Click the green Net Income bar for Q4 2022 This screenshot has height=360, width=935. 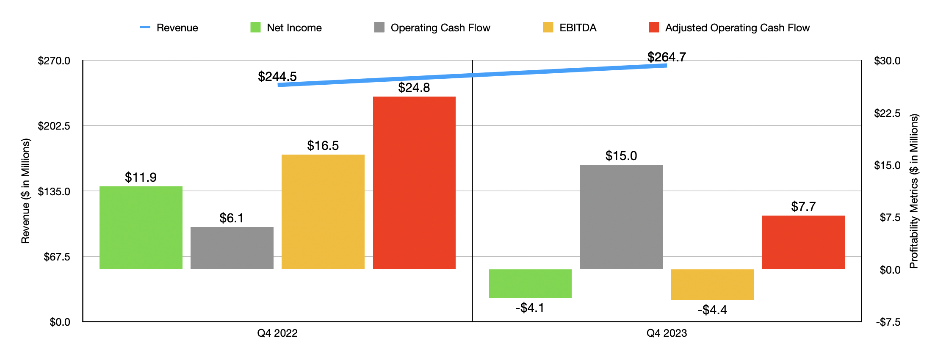(141, 227)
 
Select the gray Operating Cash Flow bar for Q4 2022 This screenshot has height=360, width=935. (232, 248)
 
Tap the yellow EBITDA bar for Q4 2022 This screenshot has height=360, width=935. (323, 212)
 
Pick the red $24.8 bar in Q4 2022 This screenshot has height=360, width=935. (414, 183)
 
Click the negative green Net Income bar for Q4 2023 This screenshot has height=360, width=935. (530, 283)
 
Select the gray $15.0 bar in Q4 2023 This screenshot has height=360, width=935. (621, 216)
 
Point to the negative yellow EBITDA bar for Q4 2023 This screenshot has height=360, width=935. (713, 284)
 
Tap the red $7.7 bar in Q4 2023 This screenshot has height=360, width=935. (803, 242)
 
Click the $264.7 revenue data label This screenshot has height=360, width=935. (667, 57)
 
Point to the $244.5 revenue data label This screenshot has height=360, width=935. (277, 77)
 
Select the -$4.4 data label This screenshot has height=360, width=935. (712, 310)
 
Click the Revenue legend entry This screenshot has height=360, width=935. (169, 28)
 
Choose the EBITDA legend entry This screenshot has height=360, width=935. (570, 28)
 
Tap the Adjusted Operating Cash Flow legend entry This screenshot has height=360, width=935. (729, 28)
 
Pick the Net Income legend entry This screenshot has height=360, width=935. (286, 28)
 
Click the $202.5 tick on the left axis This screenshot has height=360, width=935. (54, 126)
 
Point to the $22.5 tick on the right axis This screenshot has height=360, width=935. (887, 113)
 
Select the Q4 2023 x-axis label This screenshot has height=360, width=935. (667, 333)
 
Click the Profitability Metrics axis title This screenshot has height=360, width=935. (914, 191)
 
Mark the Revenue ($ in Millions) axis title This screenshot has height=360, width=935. (26, 191)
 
